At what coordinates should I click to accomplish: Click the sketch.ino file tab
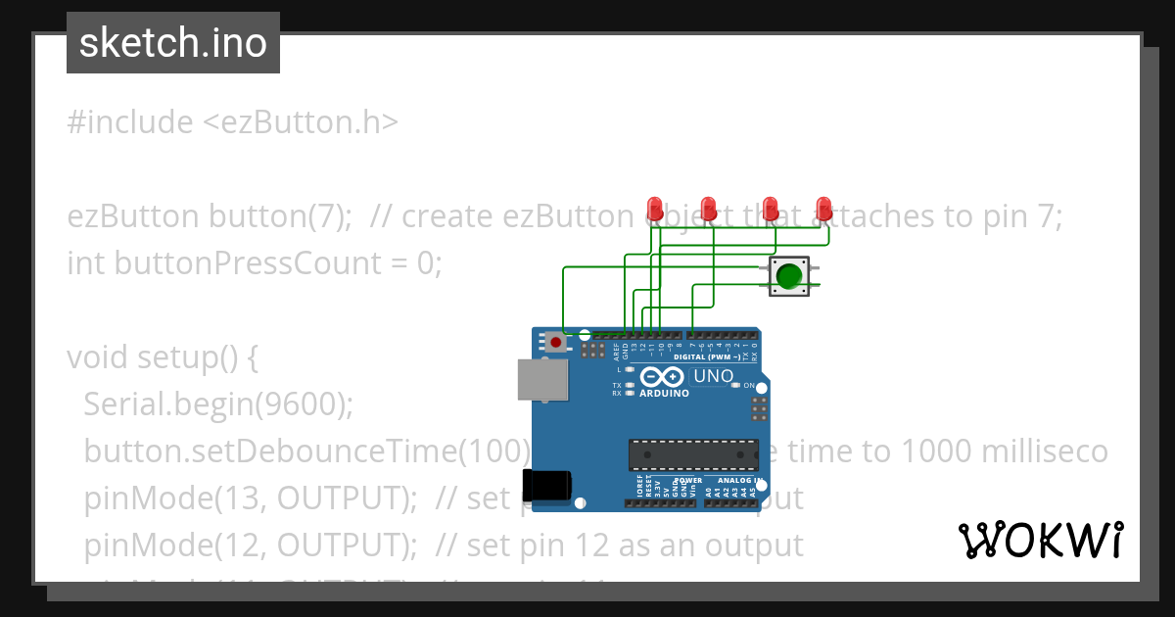coord(173,43)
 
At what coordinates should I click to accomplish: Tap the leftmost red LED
coord(655,209)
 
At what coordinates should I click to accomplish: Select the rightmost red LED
coord(824,209)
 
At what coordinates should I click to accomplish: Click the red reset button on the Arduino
coord(556,342)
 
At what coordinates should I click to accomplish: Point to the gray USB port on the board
coord(541,380)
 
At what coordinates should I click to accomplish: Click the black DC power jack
coord(545,486)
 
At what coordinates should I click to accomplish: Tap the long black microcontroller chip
coord(693,455)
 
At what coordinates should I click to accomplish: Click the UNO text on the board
coord(713,376)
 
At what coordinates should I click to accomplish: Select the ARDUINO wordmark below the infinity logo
coord(664,394)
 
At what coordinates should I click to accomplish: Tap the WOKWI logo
coord(1041,540)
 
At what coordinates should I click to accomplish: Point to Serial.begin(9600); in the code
coord(218,403)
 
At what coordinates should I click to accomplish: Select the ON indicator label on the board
coord(750,386)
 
